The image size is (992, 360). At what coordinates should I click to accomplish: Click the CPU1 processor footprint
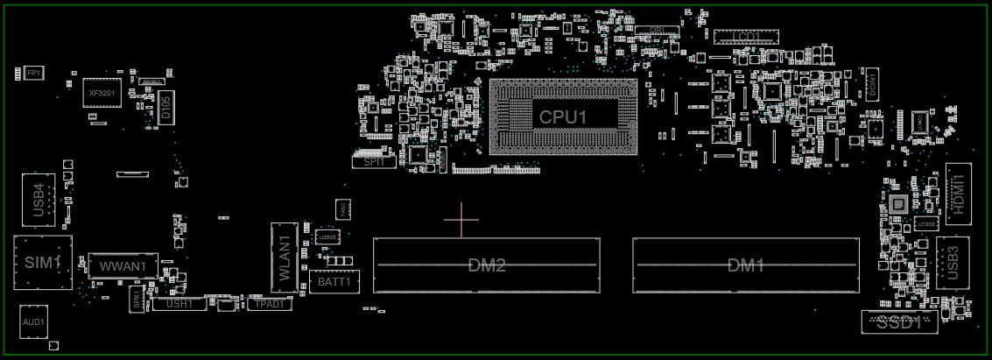[x=563, y=117]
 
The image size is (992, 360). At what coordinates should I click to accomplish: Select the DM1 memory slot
[x=746, y=265]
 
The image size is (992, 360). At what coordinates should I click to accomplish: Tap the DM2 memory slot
[x=487, y=265]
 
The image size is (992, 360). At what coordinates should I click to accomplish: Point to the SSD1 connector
[x=899, y=321]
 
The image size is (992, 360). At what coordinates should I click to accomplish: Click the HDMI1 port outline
[x=958, y=194]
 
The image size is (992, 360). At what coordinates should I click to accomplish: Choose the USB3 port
[x=953, y=262]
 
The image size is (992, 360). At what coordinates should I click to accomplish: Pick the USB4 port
[x=39, y=201]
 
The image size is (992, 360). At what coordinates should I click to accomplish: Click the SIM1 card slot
[x=42, y=262]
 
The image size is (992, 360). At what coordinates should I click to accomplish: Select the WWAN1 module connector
[x=123, y=266]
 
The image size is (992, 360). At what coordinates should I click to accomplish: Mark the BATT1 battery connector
[x=334, y=282]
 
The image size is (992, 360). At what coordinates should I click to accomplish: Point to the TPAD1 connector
[x=268, y=304]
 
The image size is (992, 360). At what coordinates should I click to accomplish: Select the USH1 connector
[x=179, y=304]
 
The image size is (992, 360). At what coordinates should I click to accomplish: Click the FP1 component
[x=33, y=72]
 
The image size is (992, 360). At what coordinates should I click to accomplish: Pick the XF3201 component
[x=102, y=92]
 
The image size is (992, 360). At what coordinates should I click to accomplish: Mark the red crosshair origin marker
[x=461, y=219]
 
